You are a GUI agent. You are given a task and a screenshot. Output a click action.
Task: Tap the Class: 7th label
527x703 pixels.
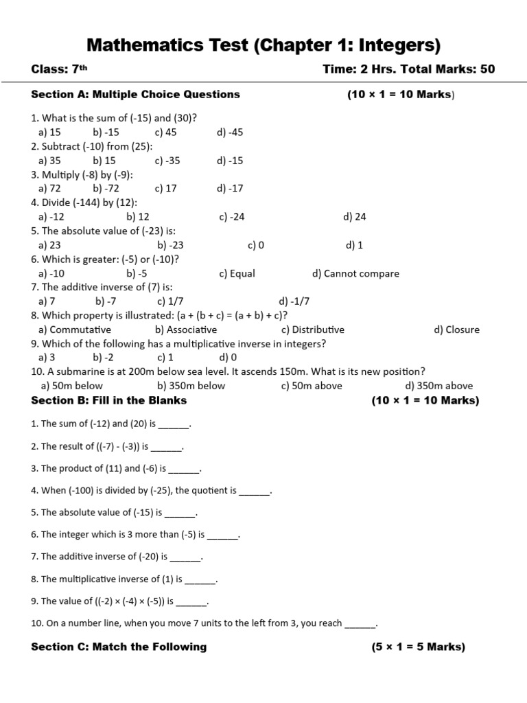(59, 69)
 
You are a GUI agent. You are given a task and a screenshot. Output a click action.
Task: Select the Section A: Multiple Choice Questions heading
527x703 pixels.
(136, 94)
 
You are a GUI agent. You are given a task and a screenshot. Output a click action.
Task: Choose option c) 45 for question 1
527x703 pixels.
(165, 132)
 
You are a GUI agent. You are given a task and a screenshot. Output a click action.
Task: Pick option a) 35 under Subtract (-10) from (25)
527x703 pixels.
(49, 161)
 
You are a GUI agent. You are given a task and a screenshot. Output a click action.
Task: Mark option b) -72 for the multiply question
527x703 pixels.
(106, 188)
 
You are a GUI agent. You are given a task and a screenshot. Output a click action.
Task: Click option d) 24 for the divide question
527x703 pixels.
(354, 217)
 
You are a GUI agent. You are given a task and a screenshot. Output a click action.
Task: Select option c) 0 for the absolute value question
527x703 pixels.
(256, 245)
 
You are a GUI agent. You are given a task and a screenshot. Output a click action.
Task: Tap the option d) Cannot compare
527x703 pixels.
(355, 273)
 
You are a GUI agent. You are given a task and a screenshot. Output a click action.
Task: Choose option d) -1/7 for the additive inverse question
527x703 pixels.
(294, 301)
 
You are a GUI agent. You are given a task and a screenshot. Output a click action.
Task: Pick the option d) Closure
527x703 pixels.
(456, 330)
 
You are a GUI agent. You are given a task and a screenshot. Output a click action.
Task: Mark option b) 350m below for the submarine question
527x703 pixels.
(191, 386)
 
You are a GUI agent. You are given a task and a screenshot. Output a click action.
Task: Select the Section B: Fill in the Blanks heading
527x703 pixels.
(109, 400)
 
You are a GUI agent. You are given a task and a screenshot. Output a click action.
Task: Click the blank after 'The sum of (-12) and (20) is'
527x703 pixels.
(174, 425)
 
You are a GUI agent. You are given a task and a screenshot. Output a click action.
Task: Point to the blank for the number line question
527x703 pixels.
(360, 624)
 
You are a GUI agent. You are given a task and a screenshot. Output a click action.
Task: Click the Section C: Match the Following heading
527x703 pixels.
(119, 647)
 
